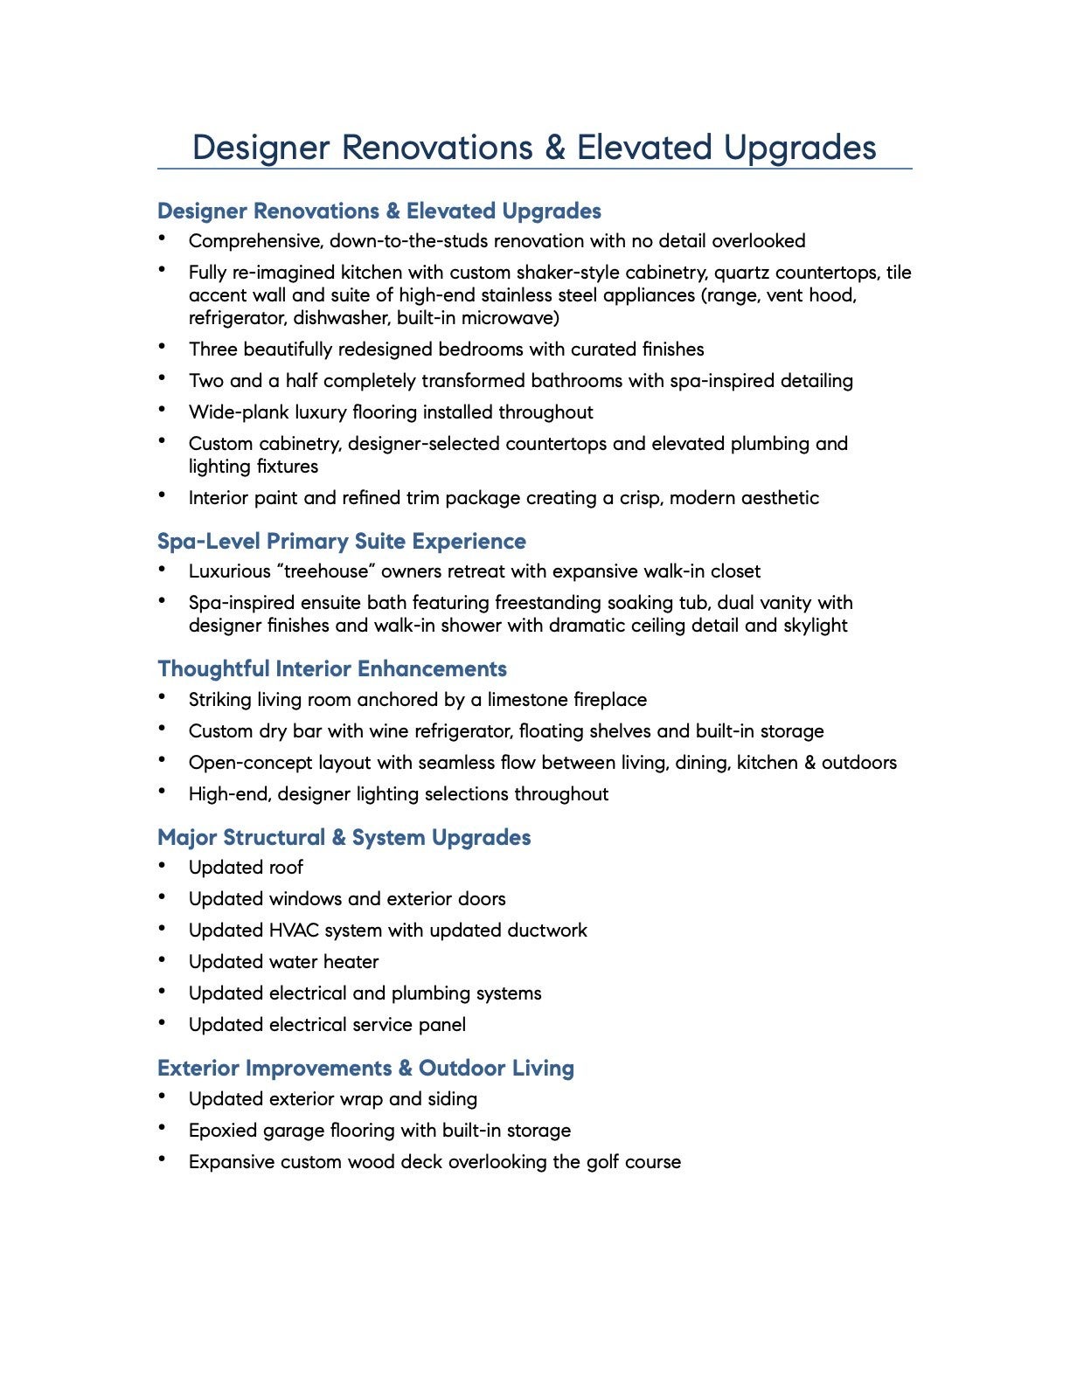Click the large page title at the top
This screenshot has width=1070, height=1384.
click(534, 147)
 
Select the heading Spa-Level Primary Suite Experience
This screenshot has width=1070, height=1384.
click(342, 542)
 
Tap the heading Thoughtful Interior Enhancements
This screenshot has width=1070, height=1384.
click(332, 669)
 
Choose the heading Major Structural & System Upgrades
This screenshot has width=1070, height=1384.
click(344, 838)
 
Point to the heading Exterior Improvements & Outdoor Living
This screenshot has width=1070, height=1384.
click(365, 1069)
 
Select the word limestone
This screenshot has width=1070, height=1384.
click(527, 700)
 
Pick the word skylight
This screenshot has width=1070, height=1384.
click(815, 626)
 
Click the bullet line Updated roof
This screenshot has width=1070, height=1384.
click(246, 868)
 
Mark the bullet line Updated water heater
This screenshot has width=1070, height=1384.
click(283, 962)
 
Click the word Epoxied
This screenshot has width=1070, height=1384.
click(225, 1131)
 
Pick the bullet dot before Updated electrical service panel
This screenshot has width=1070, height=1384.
click(163, 1022)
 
